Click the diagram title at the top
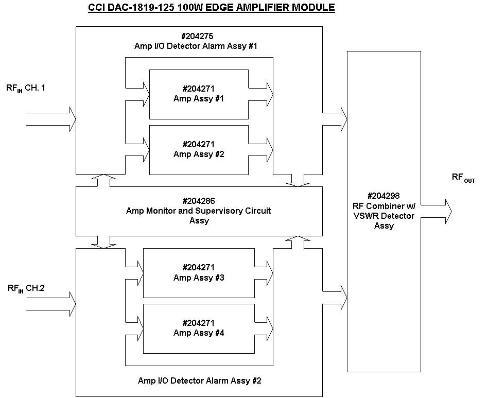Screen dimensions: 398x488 point(212,8)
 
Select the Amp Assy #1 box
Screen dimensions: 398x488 point(199,94)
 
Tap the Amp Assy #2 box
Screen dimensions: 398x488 point(199,149)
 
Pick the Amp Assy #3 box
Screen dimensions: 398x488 point(199,273)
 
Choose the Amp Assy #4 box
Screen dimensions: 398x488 point(199,328)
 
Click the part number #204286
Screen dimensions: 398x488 point(199,201)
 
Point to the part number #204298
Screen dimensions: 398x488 point(384,196)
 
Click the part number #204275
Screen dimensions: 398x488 point(199,36)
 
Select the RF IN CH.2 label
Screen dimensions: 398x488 point(26,288)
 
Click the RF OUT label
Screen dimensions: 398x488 point(463,178)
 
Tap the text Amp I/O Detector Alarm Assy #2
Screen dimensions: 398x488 point(200,381)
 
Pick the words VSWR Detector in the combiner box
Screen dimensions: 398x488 point(384,216)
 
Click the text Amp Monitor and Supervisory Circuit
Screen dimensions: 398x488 point(199,211)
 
